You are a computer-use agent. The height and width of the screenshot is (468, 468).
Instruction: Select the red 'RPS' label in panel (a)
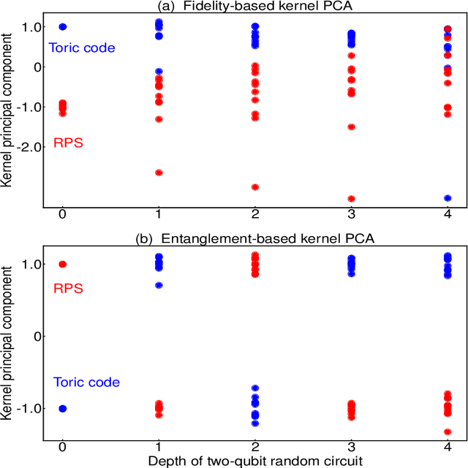(68, 143)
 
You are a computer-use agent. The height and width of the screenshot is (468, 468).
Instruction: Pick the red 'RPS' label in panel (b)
(68, 289)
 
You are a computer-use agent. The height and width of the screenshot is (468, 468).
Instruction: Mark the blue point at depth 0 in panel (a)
(62, 26)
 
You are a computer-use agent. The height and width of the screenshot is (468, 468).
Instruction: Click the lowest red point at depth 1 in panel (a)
(159, 173)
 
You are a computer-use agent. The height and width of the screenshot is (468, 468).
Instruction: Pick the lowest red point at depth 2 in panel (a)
(254, 187)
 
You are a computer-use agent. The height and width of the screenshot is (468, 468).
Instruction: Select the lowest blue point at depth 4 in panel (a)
(447, 198)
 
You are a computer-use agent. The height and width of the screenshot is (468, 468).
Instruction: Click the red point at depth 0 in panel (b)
(62, 264)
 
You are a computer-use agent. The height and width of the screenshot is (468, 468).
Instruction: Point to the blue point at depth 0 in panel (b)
(62, 409)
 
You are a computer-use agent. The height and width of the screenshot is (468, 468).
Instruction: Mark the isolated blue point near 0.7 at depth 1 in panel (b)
(159, 285)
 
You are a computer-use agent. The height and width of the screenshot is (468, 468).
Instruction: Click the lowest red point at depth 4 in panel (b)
(447, 432)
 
